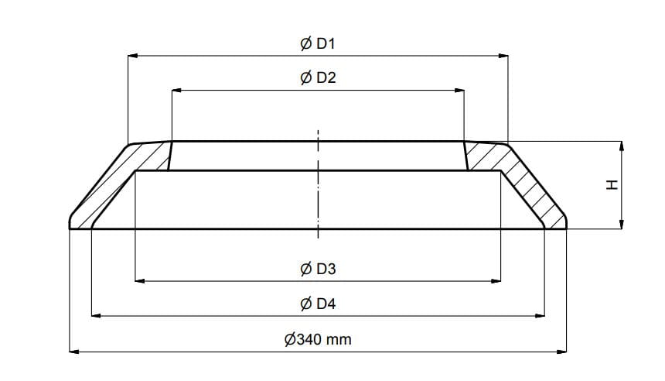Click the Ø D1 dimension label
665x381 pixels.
(318, 43)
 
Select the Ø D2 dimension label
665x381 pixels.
(318, 77)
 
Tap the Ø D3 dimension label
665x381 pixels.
(318, 269)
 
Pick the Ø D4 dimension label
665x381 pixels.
(318, 304)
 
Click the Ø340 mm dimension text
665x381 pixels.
(318, 339)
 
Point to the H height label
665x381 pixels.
(612, 185)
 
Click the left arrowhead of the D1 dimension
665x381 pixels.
(133, 56)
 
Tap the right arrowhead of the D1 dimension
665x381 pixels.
(503, 56)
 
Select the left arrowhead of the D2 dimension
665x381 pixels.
(177, 90)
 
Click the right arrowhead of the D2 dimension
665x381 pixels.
(459, 90)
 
